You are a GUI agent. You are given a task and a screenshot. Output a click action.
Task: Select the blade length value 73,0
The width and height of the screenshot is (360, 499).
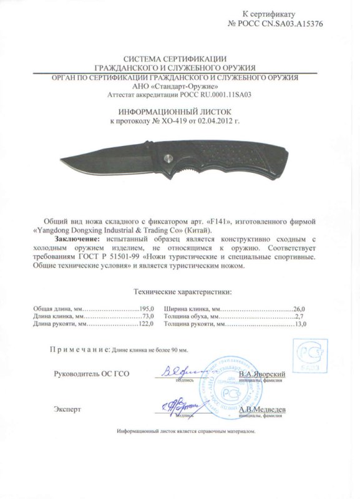tap(147, 317)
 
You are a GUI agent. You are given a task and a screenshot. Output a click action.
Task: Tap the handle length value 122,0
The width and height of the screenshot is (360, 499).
tap(146, 325)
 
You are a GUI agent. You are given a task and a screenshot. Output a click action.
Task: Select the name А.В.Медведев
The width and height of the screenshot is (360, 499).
tap(263, 409)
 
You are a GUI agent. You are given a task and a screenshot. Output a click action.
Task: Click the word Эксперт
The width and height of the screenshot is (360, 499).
tap(67, 410)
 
